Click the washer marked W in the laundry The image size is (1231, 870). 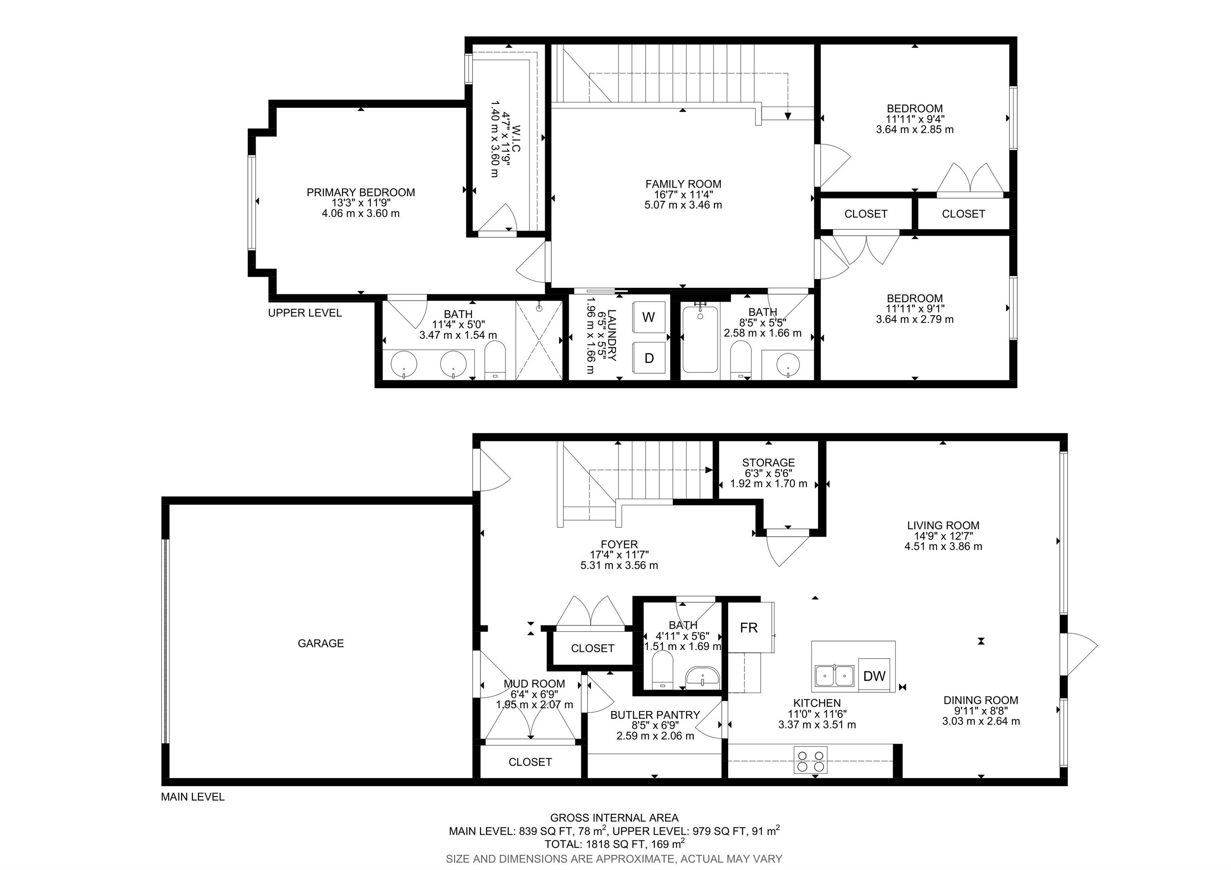point(649,317)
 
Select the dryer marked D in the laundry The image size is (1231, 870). point(649,358)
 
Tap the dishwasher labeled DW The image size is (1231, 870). point(874,675)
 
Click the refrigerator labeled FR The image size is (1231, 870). point(749,627)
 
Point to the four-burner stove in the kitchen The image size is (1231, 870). point(810,760)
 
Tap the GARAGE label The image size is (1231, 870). point(321,643)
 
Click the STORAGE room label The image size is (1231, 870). point(768,462)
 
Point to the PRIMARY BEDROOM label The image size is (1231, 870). point(361,192)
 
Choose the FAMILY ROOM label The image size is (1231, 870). point(683,184)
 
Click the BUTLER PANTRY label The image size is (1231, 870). point(655,715)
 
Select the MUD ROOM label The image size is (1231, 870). point(534,684)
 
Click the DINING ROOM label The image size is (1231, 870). point(981,700)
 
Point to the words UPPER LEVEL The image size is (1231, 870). point(305,313)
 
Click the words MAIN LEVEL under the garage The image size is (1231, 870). point(192,797)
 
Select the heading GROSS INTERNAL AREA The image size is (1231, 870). point(614,818)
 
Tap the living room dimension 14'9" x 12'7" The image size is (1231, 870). point(943,536)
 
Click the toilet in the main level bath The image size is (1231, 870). point(663,670)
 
